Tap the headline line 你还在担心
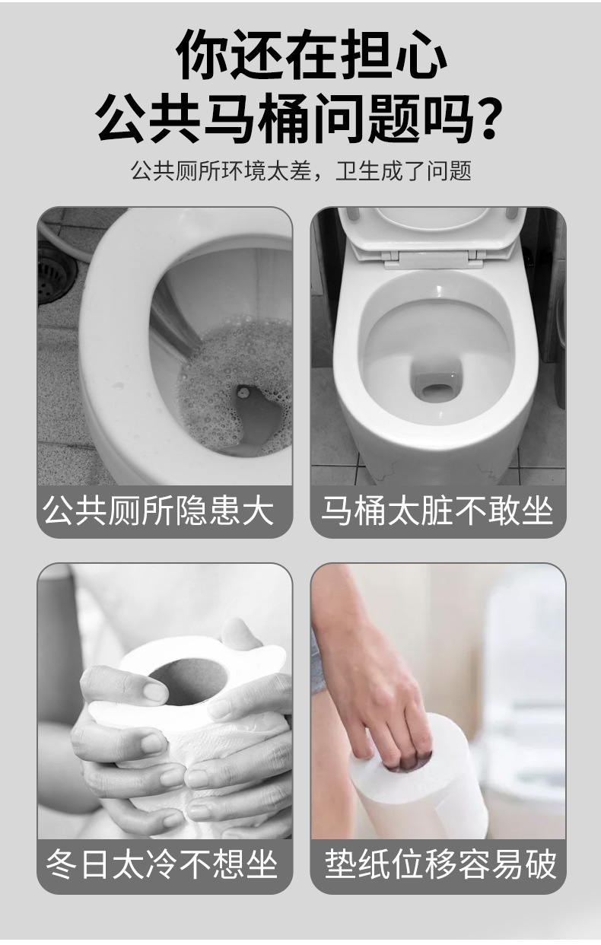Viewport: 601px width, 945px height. (311, 55)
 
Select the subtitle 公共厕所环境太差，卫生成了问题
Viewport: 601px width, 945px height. (300, 171)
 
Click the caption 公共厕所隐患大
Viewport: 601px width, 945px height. (158, 511)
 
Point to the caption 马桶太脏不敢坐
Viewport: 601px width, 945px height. (437, 511)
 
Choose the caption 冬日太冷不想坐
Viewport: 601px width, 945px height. (161, 864)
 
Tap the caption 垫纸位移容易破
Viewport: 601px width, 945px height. (440, 864)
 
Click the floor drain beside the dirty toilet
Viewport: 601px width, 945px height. (52, 274)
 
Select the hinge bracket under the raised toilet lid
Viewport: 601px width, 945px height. (433, 259)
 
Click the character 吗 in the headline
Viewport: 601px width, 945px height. (444, 118)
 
